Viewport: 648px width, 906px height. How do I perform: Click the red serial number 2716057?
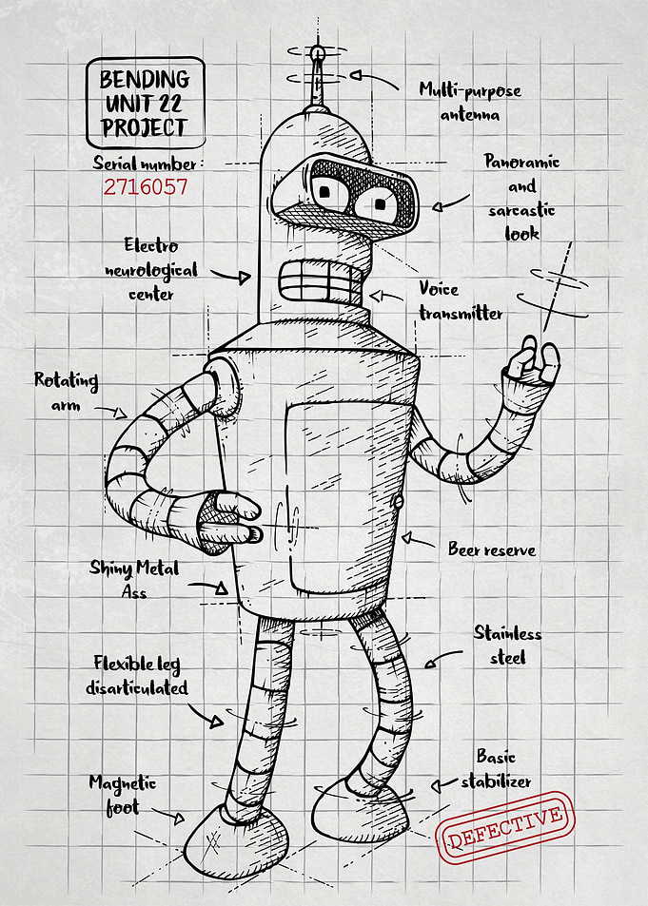146,187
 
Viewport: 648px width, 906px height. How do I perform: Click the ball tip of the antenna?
317,53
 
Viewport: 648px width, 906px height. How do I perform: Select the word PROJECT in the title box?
145,127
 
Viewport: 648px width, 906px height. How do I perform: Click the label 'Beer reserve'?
492,549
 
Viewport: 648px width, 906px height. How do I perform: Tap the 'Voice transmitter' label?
461,301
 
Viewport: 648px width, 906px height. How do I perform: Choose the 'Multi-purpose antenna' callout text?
470,101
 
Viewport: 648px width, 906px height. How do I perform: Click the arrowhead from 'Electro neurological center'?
245,278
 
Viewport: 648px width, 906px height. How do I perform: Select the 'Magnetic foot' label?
122,795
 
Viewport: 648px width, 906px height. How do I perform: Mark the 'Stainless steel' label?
507,645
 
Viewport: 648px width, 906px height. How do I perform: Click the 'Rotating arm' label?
66,391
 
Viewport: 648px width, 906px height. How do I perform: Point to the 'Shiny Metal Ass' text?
134,578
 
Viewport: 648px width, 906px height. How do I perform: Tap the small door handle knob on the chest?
399,501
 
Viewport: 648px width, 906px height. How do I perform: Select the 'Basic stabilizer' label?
496,769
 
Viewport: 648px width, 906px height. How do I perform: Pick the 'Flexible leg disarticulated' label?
137,675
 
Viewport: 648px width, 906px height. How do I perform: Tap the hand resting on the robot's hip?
228,522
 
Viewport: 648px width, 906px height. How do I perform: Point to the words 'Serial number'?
145,164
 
